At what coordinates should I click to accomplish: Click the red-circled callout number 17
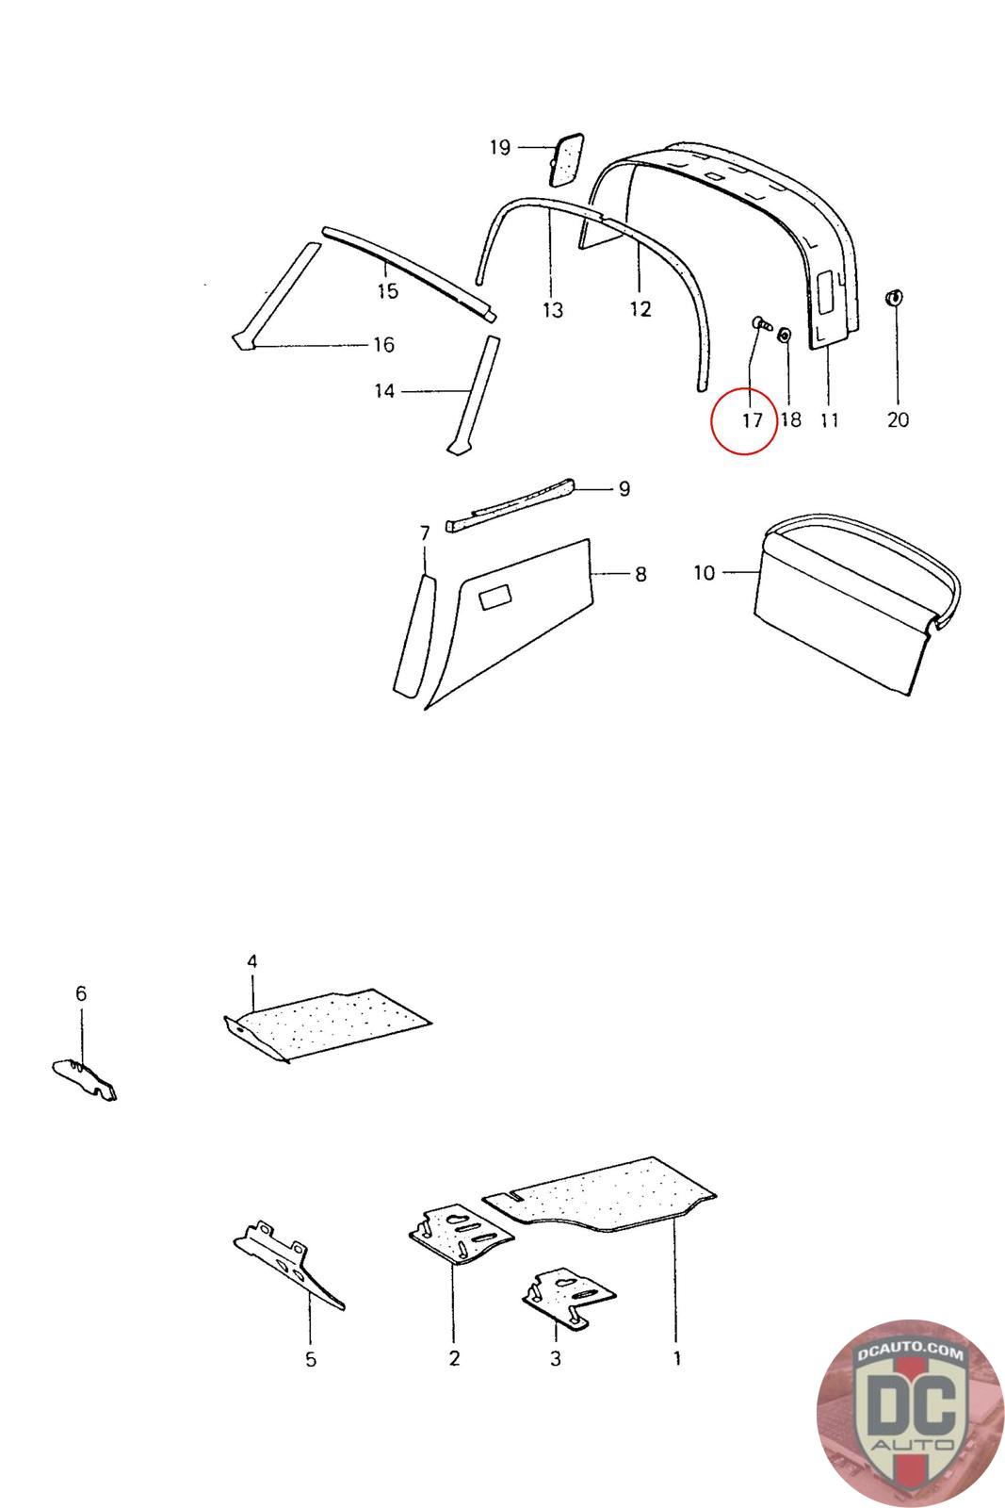(752, 420)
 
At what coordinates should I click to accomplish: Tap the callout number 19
(499, 147)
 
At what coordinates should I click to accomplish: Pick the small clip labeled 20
(893, 299)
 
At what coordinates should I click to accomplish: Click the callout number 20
(898, 419)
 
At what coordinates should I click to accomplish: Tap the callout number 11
(828, 419)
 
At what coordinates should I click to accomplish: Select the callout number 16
(383, 345)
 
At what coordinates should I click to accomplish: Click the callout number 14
(384, 390)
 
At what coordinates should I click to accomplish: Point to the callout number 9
(624, 488)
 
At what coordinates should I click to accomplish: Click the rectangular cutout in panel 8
(495, 598)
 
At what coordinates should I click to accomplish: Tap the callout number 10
(705, 572)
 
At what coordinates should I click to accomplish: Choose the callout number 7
(424, 533)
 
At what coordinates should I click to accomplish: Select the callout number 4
(251, 960)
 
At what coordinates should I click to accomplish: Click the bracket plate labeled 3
(568, 1295)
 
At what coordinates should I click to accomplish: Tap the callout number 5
(311, 1359)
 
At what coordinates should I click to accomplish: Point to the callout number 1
(676, 1358)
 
